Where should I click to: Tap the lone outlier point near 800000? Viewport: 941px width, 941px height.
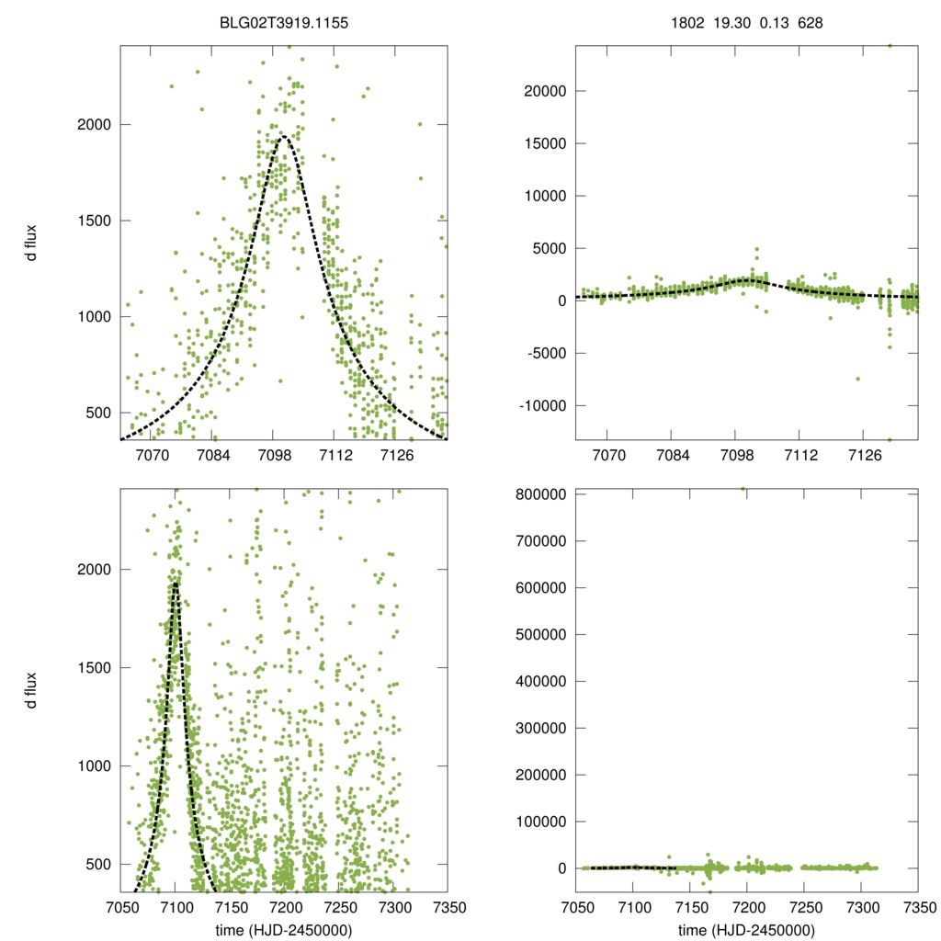pos(743,489)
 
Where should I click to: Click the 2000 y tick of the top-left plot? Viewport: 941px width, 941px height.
pos(92,125)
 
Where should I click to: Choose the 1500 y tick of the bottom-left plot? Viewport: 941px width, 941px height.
pos(92,668)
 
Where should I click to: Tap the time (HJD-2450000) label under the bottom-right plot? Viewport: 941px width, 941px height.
pos(747,930)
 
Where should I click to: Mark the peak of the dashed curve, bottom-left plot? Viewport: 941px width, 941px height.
pos(175,583)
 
